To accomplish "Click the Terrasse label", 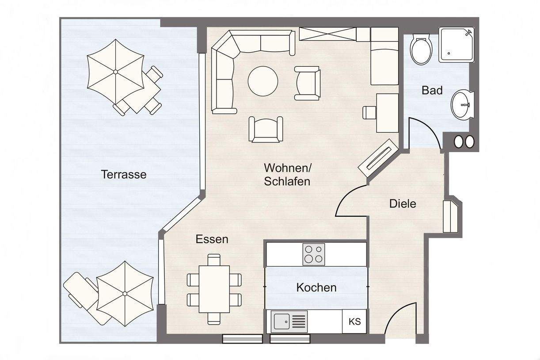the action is tap(124, 174).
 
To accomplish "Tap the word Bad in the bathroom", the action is tap(432, 91).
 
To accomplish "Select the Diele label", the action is tap(403, 204).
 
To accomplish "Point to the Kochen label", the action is tap(316, 287).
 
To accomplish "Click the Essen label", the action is tap(212, 239).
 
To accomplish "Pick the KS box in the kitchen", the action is tap(354, 322).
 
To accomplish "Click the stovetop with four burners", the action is tap(314, 254).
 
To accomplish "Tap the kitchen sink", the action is tap(289, 322).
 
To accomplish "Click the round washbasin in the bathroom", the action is tap(462, 105).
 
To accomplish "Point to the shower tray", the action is tap(456, 45).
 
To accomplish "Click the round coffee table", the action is tap(263, 81).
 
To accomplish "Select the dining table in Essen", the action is tap(214, 289).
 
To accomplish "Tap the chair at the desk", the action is tap(369, 112).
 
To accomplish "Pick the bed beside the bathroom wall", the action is tap(384, 56).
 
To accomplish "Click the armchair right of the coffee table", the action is tap(308, 83).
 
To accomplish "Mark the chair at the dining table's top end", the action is tap(214, 260).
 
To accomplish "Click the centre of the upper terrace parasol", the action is tap(115, 72).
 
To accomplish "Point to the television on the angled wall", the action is tap(377, 158).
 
